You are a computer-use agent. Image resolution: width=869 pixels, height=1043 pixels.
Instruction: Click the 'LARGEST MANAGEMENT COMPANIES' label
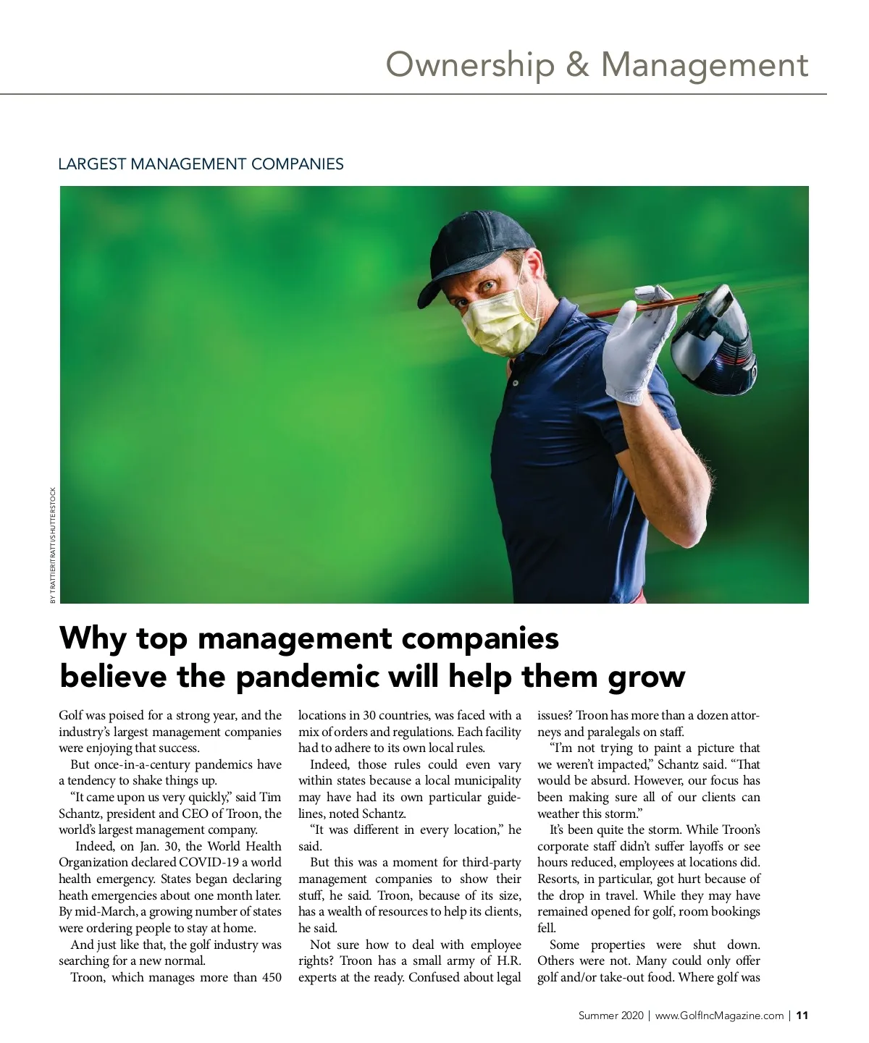(201, 164)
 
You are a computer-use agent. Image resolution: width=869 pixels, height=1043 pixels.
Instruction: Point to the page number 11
(802, 1015)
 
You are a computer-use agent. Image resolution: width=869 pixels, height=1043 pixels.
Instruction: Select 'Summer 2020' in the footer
(610, 1015)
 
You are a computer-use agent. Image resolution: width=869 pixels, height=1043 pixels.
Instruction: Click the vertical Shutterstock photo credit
(52, 546)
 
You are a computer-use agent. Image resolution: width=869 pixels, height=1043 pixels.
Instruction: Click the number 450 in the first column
(272, 977)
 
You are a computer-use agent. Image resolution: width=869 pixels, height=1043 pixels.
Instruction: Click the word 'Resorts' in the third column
(558, 879)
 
